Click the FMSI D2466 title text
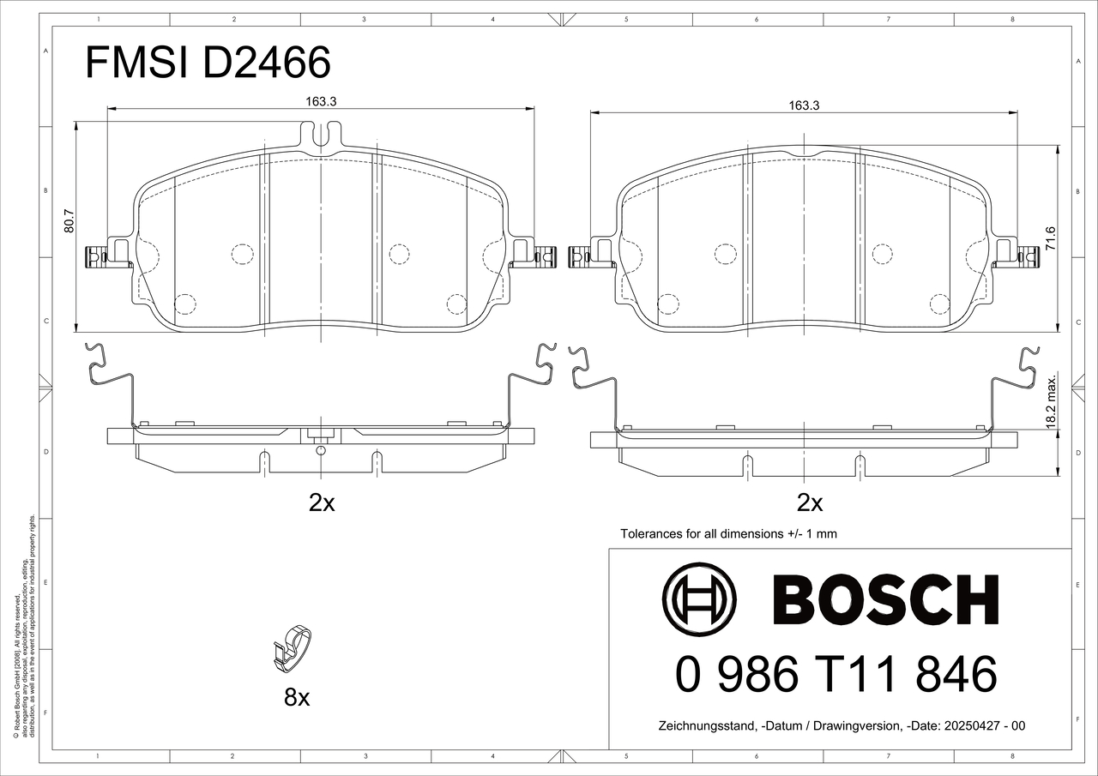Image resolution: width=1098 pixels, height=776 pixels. [208, 63]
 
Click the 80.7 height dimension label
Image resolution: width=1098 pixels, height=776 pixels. [69, 221]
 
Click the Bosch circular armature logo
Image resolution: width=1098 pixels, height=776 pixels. [699, 599]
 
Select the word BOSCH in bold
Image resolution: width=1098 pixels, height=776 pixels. [886, 599]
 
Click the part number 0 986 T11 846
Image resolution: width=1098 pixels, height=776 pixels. [836, 674]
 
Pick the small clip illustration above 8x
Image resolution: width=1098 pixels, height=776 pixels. [293, 650]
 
